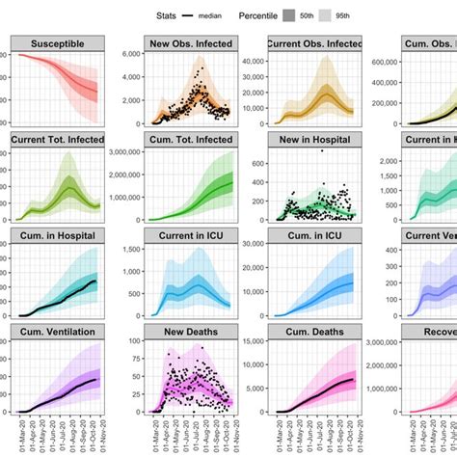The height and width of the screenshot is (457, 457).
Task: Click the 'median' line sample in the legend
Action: tap(204, 15)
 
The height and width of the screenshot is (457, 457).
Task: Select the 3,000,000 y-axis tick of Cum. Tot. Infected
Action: tap(118, 151)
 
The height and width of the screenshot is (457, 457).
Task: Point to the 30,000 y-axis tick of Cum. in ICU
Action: tap(253, 248)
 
